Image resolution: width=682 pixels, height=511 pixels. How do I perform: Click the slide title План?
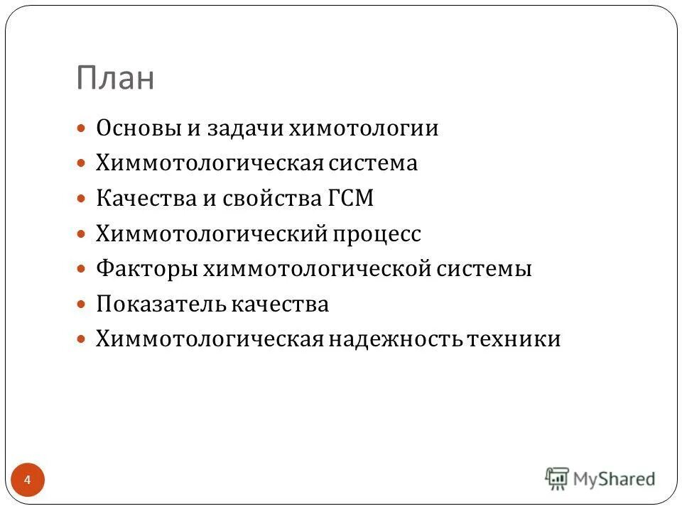[115, 79]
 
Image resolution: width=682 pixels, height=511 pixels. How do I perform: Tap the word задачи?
[244, 128]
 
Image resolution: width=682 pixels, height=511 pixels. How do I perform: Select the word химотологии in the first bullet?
[363, 128]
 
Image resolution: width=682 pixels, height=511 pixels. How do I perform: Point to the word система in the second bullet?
[373, 164]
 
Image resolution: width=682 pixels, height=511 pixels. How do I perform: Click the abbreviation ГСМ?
[350, 199]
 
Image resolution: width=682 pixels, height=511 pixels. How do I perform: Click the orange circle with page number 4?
[28, 480]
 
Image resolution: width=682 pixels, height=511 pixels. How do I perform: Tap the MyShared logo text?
[614, 479]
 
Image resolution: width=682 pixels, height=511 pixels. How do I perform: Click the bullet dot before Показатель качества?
[82, 305]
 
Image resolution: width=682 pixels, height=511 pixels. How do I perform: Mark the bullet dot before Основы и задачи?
[82, 128]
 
